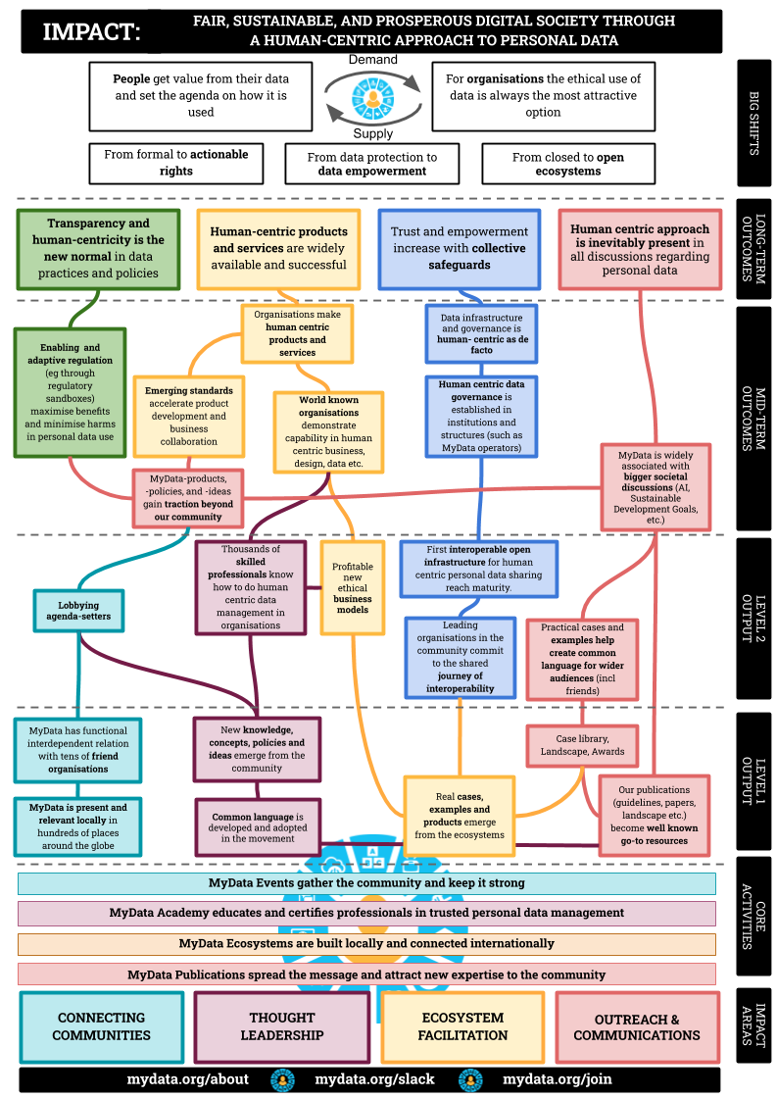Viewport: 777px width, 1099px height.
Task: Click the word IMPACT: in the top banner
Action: (x=92, y=31)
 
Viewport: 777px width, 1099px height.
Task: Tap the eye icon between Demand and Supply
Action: (x=372, y=97)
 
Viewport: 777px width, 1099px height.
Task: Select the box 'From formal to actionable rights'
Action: (x=175, y=163)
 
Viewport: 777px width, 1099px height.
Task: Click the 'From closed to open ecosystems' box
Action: (x=568, y=164)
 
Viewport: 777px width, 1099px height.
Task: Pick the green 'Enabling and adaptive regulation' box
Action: (x=71, y=392)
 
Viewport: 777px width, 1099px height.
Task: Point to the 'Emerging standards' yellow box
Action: (x=189, y=417)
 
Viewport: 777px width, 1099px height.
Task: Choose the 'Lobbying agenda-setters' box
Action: (x=78, y=611)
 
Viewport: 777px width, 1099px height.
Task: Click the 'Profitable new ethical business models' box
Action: (x=353, y=587)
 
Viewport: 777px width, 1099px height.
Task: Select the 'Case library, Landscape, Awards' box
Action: (x=582, y=745)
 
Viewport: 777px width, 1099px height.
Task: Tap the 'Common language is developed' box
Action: (x=258, y=827)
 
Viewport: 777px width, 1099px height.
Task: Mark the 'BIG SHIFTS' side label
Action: (x=753, y=124)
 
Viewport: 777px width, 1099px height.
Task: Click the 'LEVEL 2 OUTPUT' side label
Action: (x=753, y=619)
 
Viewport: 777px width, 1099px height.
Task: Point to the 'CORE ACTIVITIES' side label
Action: (x=753, y=916)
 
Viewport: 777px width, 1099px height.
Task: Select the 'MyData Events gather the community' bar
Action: (x=366, y=883)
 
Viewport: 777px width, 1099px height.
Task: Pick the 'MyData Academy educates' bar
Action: (x=366, y=914)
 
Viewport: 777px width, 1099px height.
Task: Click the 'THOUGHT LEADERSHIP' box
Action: (x=282, y=1026)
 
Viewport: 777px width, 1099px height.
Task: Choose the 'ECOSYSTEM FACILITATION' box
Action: (x=463, y=1026)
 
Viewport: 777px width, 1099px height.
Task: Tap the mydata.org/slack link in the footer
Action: (x=375, y=1079)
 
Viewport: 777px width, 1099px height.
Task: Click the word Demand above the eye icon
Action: (x=372, y=60)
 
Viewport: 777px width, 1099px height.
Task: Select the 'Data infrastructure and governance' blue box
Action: (x=481, y=333)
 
